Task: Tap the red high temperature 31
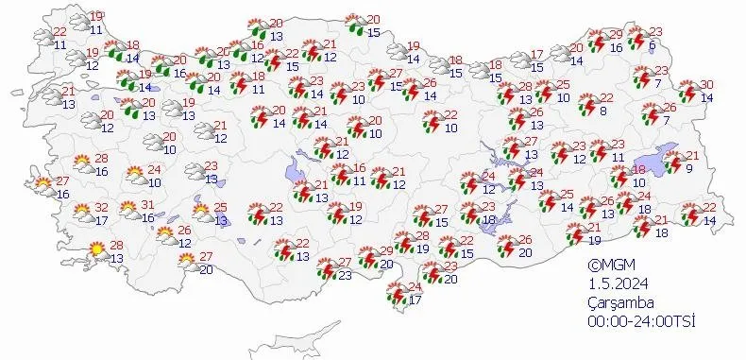click(147, 205)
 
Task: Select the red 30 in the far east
click(706, 85)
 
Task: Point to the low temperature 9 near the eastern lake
click(690, 169)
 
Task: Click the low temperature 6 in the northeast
click(653, 44)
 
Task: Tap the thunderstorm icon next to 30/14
click(686, 92)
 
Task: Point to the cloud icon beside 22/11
click(43, 39)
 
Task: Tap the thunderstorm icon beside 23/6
click(634, 37)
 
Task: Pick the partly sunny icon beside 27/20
click(187, 261)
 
